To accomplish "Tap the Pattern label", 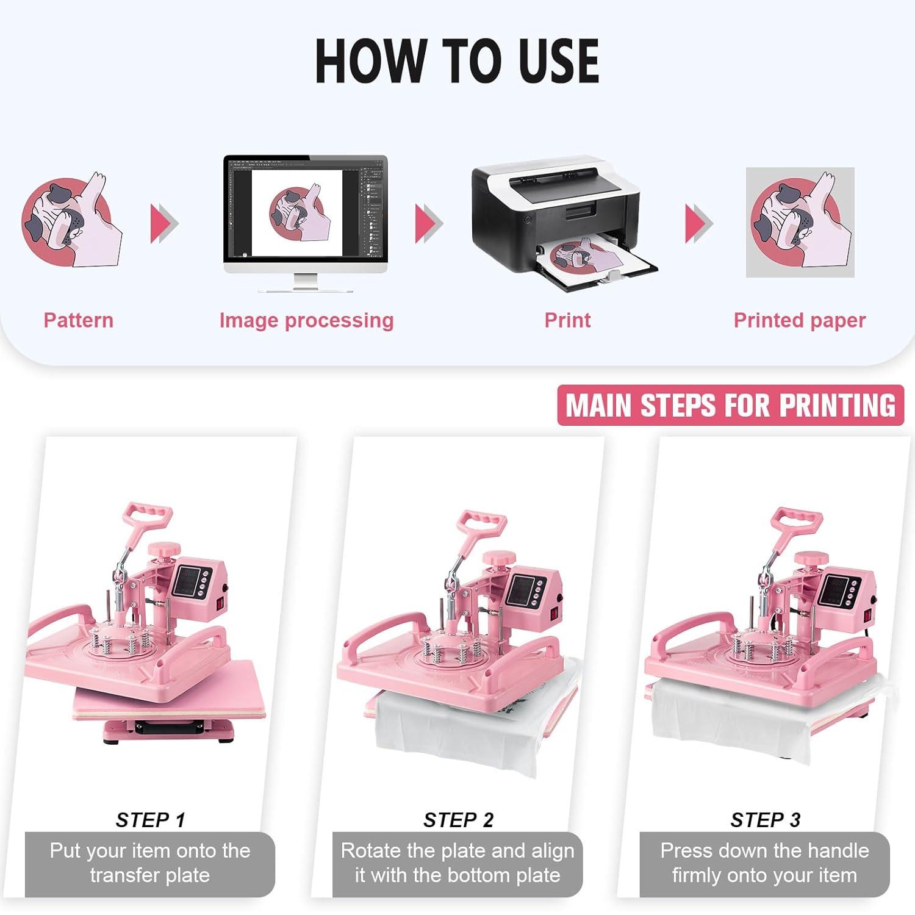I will [78, 320].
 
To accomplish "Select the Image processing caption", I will [306, 320].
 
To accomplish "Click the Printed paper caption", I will [799, 320].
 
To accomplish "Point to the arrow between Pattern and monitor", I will [163, 223].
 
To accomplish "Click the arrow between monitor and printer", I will [428, 223].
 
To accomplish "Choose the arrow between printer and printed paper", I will [698, 223].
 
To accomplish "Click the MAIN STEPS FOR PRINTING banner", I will [730, 405].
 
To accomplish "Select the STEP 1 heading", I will [150, 820].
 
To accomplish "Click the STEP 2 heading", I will [458, 820].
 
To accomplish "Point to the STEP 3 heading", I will [765, 820].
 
